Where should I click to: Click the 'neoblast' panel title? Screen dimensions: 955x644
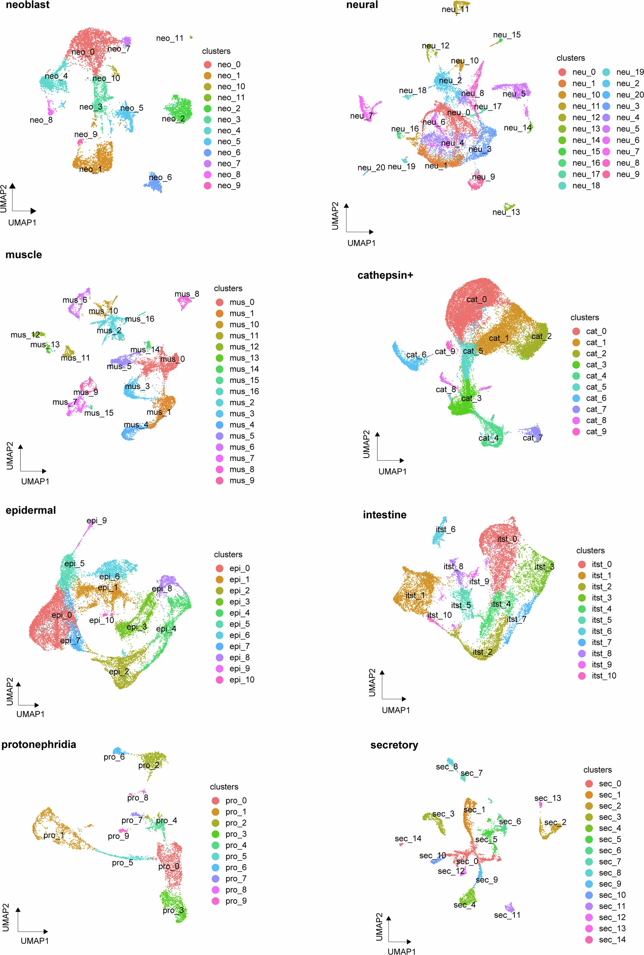click(27, 5)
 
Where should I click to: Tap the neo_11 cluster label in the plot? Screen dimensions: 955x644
click(169, 38)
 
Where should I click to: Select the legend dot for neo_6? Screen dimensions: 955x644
click(208, 152)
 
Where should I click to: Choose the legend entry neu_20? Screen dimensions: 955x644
click(630, 95)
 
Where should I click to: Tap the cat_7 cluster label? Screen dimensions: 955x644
click(532, 438)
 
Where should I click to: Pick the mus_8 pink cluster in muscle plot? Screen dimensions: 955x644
click(184, 302)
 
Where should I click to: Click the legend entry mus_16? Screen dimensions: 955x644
click(243, 391)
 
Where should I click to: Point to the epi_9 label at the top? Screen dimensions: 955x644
click(97, 521)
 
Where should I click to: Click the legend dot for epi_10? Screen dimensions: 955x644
click(220, 680)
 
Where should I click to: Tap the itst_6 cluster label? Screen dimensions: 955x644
click(445, 529)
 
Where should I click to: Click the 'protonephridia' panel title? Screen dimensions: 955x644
click(39, 744)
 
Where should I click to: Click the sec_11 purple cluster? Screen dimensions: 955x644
click(509, 907)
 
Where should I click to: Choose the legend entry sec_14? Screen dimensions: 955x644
click(612, 940)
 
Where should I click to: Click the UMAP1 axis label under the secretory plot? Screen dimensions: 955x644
click(401, 951)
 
